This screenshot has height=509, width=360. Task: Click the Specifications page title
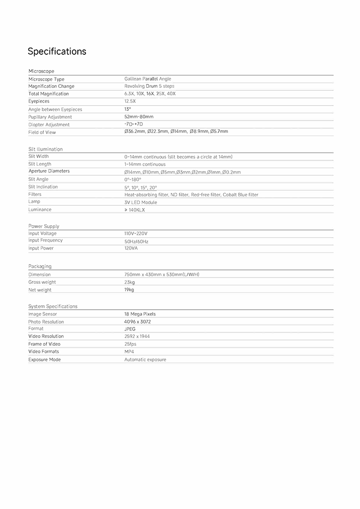click(57, 51)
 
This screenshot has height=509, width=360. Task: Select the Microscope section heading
click(41, 71)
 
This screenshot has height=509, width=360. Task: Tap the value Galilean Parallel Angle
click(147, 79)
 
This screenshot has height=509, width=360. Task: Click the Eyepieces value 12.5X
click(130, 101)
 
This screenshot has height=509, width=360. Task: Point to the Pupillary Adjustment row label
click(50, 117)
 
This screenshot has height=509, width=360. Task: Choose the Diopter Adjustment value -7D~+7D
click(134, 124)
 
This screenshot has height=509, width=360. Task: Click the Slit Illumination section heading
click(46, 149)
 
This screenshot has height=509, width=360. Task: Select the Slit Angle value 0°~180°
click(133, 179)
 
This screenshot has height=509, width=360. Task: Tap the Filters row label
click(35, 194)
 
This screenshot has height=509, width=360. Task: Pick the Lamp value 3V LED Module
click(141, 202)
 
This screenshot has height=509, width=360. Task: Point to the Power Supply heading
click(44, 226)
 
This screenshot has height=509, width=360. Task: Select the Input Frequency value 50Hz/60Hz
click(136, 241)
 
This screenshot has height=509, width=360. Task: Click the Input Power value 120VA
click(131, 248)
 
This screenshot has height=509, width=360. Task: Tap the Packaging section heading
click(40, 266)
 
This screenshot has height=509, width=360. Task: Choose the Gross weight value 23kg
click(130, 282)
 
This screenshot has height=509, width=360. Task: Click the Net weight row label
click(40, 290)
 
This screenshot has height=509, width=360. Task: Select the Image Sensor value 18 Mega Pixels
click(140, 314)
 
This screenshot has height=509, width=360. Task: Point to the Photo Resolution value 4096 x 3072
click(137, 322)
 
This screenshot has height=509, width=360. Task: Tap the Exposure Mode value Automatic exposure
click(145, 360)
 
